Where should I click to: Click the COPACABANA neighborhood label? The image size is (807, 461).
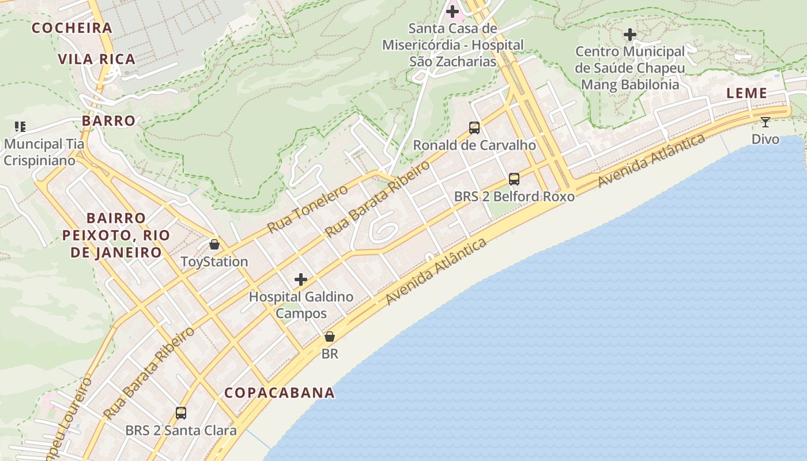(x=280, y=393)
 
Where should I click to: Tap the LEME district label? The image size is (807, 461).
(x=746, y=93)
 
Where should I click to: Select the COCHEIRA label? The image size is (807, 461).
(x=72, y=28)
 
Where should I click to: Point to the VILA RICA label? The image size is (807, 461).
(x=97, y=59)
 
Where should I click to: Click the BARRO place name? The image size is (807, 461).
(x=108, y=121)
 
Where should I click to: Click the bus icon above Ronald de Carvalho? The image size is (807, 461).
(x=474, y=128)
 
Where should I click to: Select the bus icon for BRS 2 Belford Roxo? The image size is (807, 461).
(x=514, y=179)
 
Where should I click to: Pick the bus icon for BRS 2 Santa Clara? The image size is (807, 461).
(x=181, y=413)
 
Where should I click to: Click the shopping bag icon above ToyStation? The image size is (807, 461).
(x=214, y=244)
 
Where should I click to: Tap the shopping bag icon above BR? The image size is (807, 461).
(x=330, y=337)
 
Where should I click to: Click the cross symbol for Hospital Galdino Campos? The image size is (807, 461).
(x=301, y=280)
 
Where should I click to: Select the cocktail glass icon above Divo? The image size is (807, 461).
(x=765, y=122)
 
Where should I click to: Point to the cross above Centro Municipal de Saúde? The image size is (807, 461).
(x=630, y=35)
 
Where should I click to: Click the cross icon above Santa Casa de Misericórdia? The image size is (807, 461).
(x=452, y=11)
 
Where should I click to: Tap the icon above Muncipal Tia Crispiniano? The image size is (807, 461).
(x=21, y=127)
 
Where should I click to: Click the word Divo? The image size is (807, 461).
(x=765, y=139)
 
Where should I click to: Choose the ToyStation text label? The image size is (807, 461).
(x=214, y=262)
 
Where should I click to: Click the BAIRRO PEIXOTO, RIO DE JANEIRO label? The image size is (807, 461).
(x=120, y=235)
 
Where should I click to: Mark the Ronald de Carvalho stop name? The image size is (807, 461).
(x=474, y=145)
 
